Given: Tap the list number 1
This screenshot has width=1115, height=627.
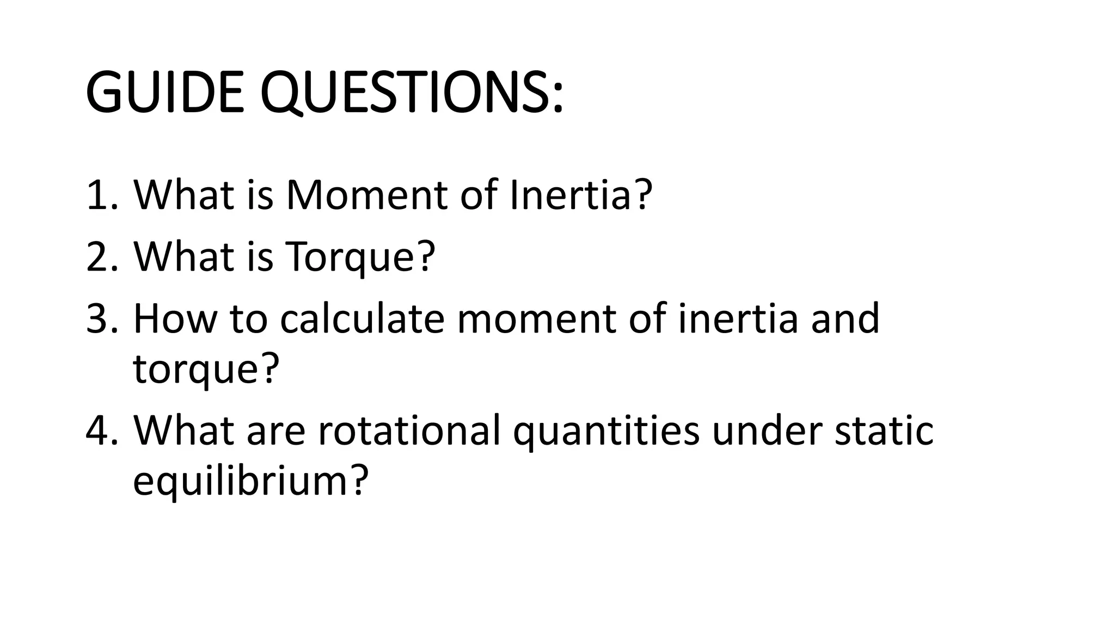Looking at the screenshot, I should pos(101,195).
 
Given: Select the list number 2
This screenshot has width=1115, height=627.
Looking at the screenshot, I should pos(101,256).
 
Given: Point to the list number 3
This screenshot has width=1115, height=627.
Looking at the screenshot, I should pos(101,318).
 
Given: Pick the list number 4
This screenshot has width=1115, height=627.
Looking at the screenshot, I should pos(101,430).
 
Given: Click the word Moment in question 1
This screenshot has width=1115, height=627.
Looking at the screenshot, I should pos(366,195).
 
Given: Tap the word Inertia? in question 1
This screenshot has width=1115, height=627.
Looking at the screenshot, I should pos(581,195).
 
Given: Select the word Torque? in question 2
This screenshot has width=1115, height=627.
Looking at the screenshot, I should pos(360,256).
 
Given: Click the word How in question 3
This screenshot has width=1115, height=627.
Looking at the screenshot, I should pos(175,318).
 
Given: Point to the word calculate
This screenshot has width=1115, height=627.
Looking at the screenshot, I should pos(362,318).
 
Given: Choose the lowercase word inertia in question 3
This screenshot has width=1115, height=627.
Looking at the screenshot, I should pos(738,318).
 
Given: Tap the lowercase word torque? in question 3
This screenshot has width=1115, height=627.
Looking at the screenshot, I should pos(206,369).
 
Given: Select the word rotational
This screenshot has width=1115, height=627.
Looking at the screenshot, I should pos(408,430).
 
